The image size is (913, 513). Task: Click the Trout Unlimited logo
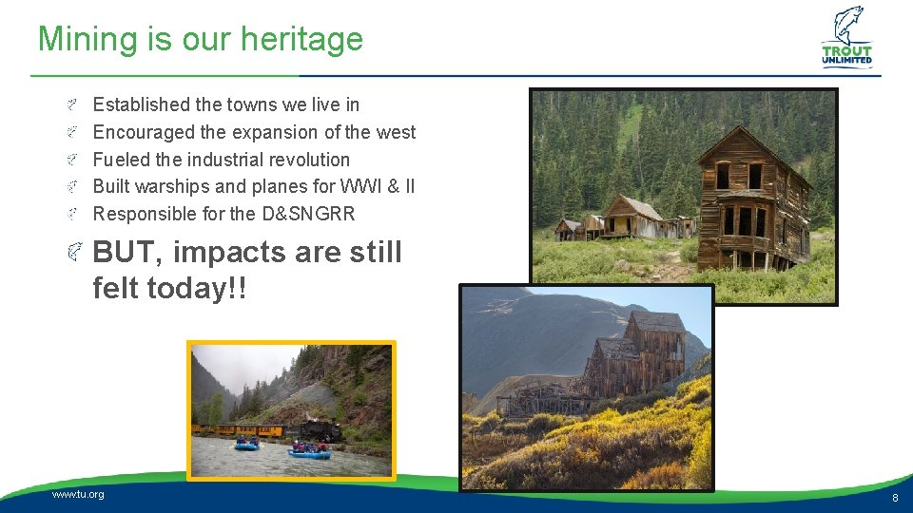(847, 37)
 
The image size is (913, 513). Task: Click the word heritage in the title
(301, 40)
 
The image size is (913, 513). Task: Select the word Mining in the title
(88, 40)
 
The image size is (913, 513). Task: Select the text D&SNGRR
(308, 214)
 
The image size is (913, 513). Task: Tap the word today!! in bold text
(197, 287)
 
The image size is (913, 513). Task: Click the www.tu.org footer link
(78, 494)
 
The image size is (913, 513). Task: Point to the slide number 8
(895, 498)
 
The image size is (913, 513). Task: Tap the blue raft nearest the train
(247, 446)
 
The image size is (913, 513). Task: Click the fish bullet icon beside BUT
(74, 252)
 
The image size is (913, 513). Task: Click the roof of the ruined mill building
(658, 322)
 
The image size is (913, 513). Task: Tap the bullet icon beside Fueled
(71, 160)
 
